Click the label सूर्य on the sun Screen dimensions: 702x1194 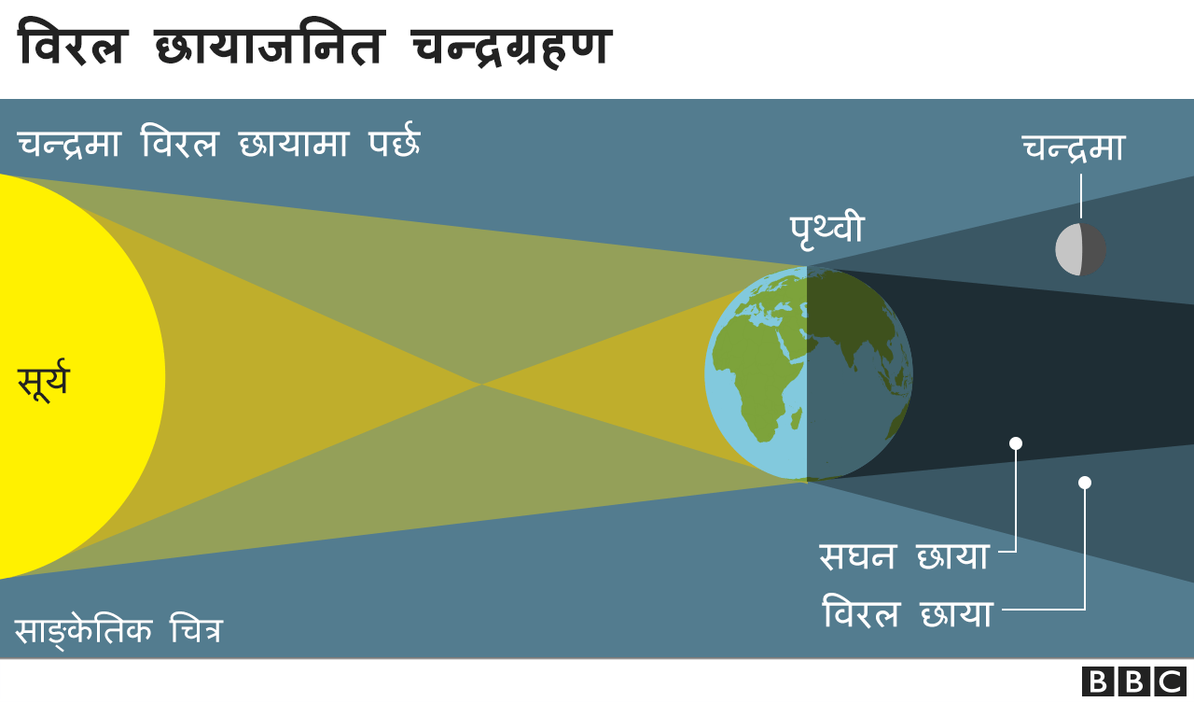pos(43,381)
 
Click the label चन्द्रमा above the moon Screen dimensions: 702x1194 pos(1073,149)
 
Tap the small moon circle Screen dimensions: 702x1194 pos(1080,250)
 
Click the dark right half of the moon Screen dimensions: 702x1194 pos(1093,250)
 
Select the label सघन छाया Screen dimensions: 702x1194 pos(903,556)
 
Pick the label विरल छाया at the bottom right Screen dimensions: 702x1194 pos(907,614)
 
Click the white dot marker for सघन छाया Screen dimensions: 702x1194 pos(1016,443)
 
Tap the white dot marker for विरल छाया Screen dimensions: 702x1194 pos(1084,483)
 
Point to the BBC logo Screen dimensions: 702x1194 pos(1133,681)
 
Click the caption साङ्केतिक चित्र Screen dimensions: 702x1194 pos(118,631)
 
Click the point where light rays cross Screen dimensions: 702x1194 pos(481,383)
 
